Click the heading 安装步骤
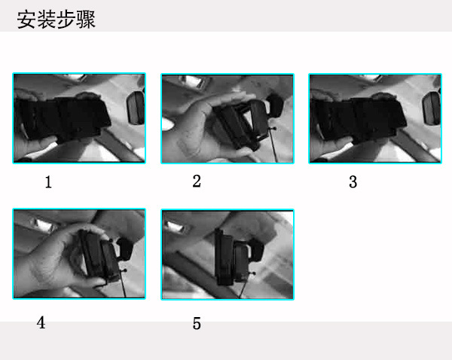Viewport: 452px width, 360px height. (56, 20)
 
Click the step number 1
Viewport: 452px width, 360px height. (48, 182)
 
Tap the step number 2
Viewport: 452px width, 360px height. (197, 182)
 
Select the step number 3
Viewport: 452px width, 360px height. (353, 182)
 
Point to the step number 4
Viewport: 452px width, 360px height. (41, 322)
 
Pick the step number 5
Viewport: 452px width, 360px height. (197, 323)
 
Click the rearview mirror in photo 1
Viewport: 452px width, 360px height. (135, 108)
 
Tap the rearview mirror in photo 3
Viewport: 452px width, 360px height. (431, 108)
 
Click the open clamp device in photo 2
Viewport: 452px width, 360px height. (242, 124)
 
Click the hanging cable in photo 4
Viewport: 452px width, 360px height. (123, 284)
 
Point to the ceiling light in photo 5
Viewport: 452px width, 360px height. (176, 227)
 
